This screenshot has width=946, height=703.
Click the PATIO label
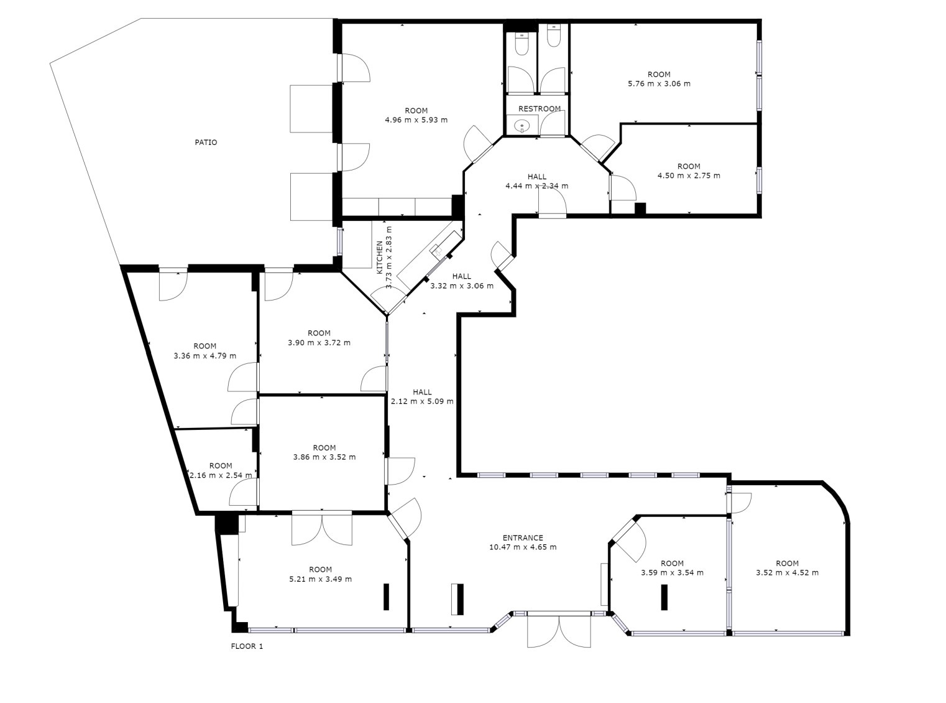pos(206,142)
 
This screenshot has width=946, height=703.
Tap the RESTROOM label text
pos(539,109)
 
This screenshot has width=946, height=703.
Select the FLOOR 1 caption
pos(247,646)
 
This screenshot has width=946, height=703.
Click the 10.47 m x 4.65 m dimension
pos(523,547)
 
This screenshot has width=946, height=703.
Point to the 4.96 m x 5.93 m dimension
pos(416,120)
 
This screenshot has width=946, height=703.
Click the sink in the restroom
pos(521,126)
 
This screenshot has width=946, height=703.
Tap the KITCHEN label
pos(380,258)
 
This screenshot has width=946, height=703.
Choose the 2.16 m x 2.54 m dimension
pos(221,475)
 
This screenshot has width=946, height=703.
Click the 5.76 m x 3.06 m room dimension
pos(659,84)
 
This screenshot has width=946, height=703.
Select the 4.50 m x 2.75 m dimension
pos(689,175)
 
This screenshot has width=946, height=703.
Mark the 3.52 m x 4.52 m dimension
pos(788,573)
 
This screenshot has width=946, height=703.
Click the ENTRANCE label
pos(523,538)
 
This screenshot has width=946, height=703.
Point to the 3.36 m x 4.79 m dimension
pos(204,356)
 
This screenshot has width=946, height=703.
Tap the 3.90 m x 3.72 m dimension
pos(319,343)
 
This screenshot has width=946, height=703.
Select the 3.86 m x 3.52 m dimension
pos(324,457)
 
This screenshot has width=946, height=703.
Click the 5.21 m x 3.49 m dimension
pos(320,579)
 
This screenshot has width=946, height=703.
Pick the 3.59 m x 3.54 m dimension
pos(672,573)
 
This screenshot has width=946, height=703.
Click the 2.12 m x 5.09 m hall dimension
pos(422,401)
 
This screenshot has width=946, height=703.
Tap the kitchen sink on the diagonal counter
pos(437,250)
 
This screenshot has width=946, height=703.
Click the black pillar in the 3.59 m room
pos(664,597)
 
